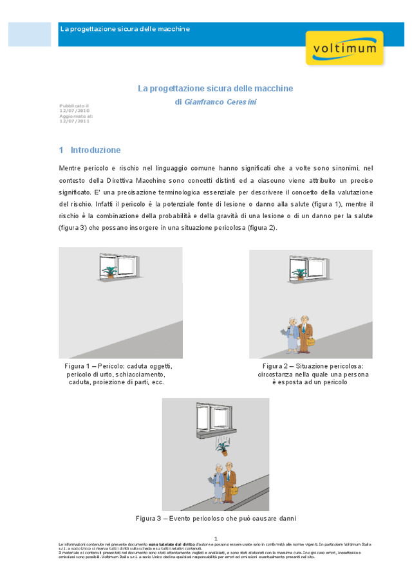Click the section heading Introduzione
click(95, 150)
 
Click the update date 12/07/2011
click(70, 120)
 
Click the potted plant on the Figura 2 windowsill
click(299, 273)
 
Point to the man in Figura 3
click(229, 479)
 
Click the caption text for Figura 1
click(118, 374)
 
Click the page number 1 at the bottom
click(216, 538)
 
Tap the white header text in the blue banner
click(125, 29)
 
